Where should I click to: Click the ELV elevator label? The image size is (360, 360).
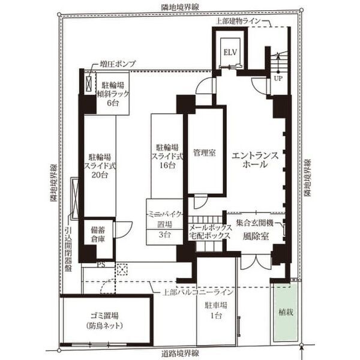tap(230, 52)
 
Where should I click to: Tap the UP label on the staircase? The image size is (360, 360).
tap(278, 78)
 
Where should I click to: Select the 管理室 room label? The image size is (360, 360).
tap(205, 152)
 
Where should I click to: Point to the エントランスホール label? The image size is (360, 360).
tap(255, 160)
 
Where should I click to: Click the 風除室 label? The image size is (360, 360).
tap(256, 236)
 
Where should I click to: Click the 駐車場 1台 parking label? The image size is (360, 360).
tap(216, 310)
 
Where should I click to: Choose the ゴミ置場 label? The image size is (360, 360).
tap(104, 316)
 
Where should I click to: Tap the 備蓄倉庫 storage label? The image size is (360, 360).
tap(98, 235)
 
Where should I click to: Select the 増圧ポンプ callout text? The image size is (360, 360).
tap(118, 64)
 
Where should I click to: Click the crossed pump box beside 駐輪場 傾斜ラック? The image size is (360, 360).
tap(89, 83)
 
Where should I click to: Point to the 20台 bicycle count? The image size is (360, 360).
tap(100, 175)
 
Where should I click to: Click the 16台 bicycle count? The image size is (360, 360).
tap(167, 165)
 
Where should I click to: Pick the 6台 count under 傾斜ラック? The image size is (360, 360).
tap(113, 103)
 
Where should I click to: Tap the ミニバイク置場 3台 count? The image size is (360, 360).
tap(164, 235)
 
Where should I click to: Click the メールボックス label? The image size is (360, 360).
tap(210, 227)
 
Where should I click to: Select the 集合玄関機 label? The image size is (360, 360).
tap(254, 223)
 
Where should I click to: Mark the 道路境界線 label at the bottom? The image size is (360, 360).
tap(180, 353)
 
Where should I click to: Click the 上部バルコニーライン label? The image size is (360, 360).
tap(198, 292)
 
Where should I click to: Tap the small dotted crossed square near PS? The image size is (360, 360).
tap(122, 269)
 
